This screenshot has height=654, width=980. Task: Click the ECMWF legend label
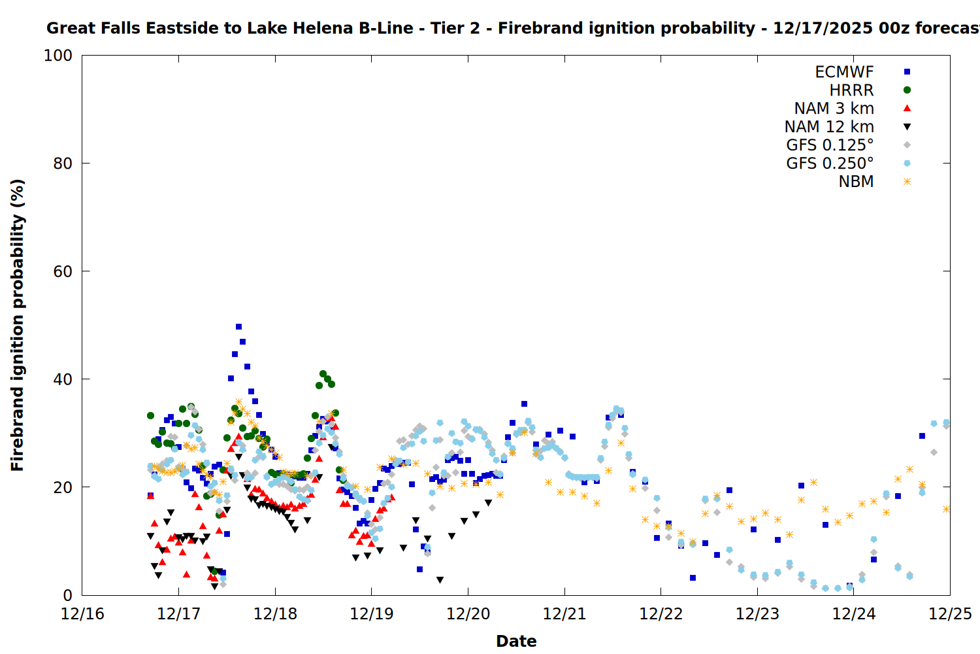pyautogui.click(x=844, y=72)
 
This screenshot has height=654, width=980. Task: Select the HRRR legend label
pyautogui.click(x=851, y=90)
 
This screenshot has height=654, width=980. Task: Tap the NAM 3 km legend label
pyautogui.click(x=834, y=109)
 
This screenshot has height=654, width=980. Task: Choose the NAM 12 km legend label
pyautogui.click(x=829, y=127)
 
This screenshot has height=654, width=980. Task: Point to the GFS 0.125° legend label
pyautogui.click(x=830, y=145)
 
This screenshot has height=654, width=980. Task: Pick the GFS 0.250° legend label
pyautogui.click(x=830, y=163)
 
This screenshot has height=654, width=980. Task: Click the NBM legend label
pyautogui.click(x=856, y=182)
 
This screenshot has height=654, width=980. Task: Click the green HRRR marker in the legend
pyautogui.click(x=907, y=90)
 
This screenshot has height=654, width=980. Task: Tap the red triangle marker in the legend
pyautogui.click(x=907, y=108)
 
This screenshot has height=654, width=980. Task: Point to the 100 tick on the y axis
pyautogui.click(x=58, y=56)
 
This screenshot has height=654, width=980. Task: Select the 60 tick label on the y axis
pyautogui.click(x=62, y=271)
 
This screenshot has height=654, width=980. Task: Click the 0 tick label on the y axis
pyautogui.click(x=67, y=595)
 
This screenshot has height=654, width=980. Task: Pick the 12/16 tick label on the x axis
pyautogui.click(x=82, y=614)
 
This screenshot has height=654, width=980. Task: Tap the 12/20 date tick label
pyautogui.click(x=468, y=614)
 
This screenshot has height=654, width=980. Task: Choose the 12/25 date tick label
pyautogui.click(x=950, y=614)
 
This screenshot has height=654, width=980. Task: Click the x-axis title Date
pyautogui.click(x=516, y=641)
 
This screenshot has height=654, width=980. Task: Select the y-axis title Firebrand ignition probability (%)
pyautogui.click(x=17, y=325)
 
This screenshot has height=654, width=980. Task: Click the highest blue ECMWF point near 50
pyautogui.click(x=238, y=326)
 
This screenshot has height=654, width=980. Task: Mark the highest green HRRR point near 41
pyautogui.click(x=323, y=373)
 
